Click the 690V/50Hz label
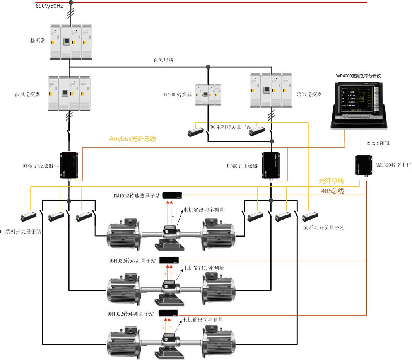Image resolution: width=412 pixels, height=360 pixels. [x=49, y=7]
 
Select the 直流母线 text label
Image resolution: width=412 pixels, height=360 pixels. [x=163, y=60]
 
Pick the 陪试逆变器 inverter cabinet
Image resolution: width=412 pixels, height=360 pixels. [x=270, y=90]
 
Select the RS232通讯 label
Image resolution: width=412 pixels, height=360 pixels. [x=378, y=143]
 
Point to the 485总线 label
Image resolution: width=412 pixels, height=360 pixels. [x=333, y=191]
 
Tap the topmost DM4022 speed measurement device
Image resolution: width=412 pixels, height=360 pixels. [x=172, y=195]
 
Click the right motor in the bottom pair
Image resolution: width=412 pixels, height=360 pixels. [x=218, y=340]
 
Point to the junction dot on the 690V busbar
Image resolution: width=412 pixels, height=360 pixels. [x=70, y=2]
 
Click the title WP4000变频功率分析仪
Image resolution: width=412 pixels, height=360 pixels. [x=358, y=76]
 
